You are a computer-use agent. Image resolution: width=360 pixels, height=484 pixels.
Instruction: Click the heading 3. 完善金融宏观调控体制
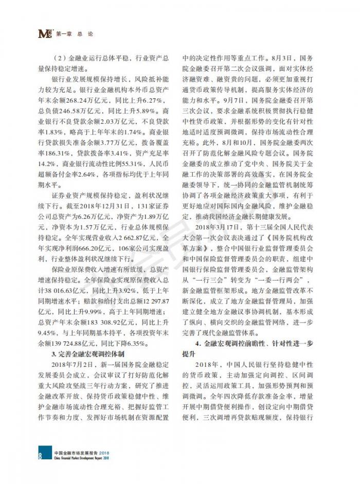(x=92, y=354)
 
